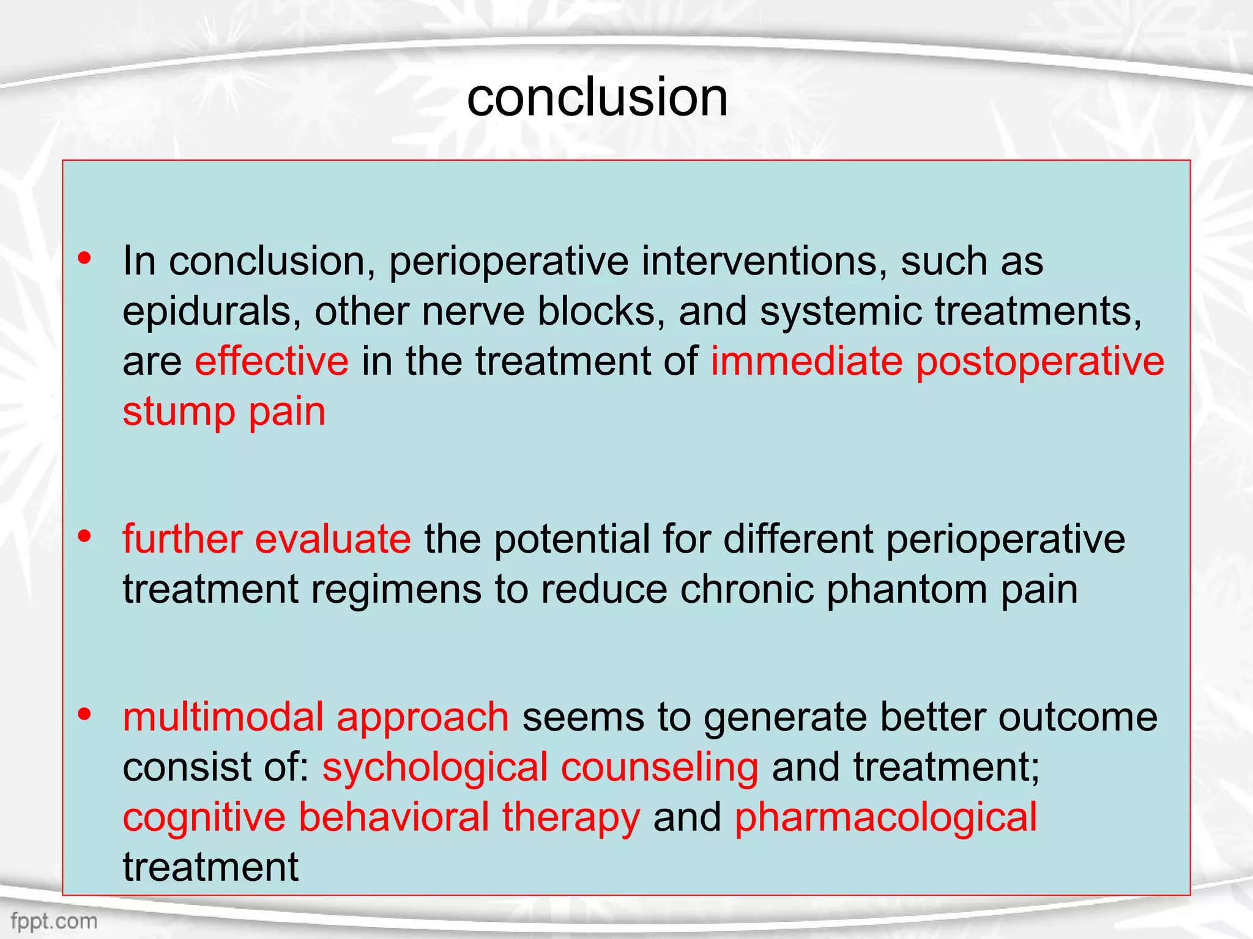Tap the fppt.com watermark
54,921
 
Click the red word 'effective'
272,361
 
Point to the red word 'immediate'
806,361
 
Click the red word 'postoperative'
1040,362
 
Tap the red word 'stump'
179,412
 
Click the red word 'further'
182,539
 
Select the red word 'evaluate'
333,539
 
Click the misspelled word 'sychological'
435,768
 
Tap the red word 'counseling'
660,768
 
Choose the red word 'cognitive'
204,818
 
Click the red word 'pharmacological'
885,818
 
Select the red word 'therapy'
571,818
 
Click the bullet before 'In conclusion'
84,259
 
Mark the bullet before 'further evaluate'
84,537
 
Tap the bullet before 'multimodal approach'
84,714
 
